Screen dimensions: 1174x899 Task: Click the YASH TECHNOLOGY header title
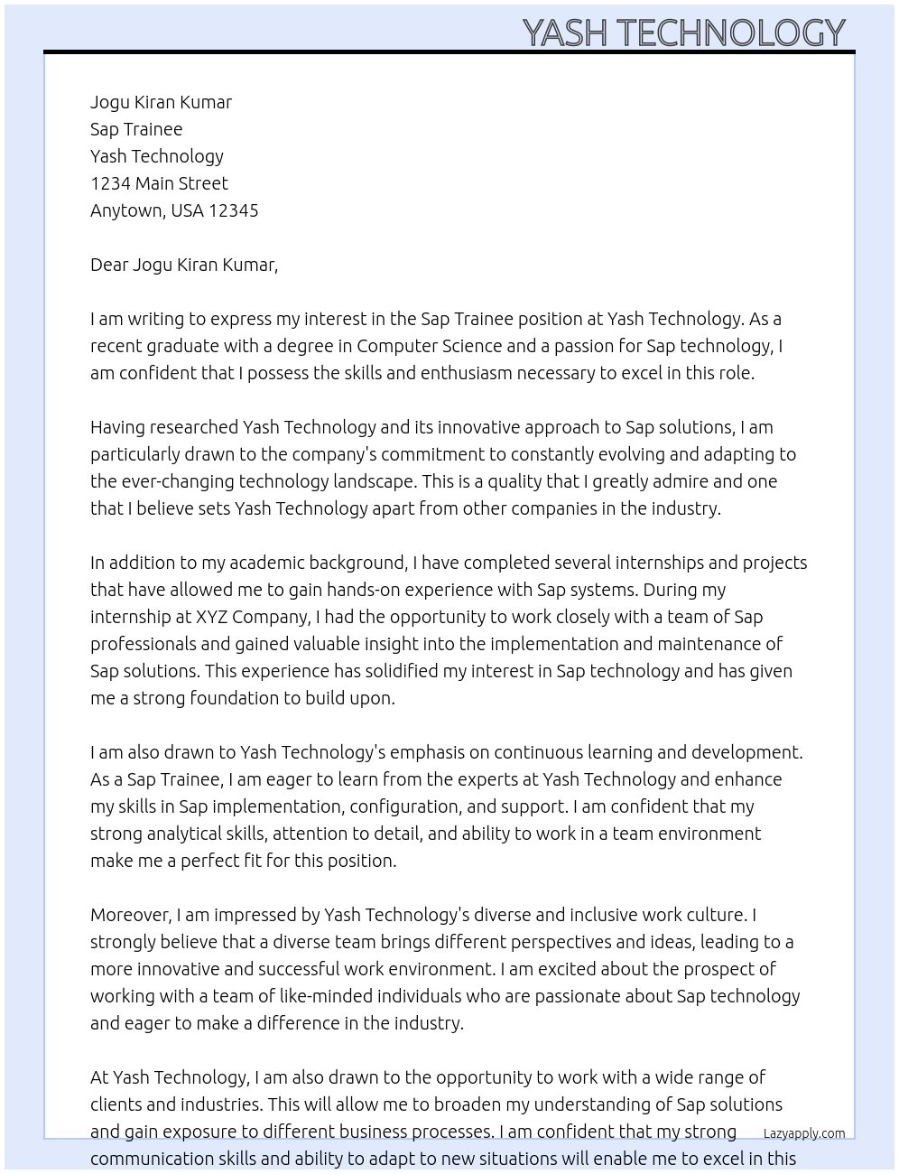click(x=683, y=33)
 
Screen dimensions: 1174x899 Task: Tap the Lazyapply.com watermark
click(x=803, y=1133)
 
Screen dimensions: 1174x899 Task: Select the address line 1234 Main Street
click(x=159, y=183)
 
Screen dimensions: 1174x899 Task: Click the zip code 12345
click(x=233, y=210)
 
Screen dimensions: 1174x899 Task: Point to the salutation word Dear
click(x=109, y=265)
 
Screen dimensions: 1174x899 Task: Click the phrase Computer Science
click(x=429, y=346)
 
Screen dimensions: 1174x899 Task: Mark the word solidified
click(x=398, y=671)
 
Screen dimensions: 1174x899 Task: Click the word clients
click(x=115, y=1104)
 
